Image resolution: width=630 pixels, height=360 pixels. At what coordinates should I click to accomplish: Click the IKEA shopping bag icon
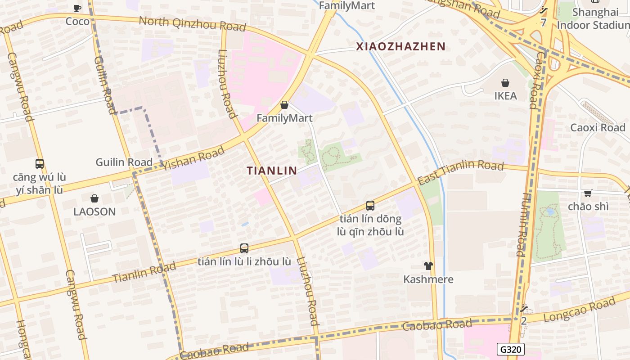tap(505, 83)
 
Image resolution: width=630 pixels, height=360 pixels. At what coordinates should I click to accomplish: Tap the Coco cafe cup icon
tap(77, 8)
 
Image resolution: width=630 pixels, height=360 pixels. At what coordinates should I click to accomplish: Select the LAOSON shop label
tap(94, 211)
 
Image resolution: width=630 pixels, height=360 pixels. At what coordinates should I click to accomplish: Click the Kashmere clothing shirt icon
tap(428, 266)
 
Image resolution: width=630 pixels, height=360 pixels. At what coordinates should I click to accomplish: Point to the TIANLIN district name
tap(272, 171)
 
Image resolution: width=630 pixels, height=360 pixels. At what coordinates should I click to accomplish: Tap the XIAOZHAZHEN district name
tap(400, 46)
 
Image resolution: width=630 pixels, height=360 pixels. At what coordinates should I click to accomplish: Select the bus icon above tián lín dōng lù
tap(370, 206)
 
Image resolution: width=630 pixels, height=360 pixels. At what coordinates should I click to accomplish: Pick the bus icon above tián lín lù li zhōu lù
tap(244, 248)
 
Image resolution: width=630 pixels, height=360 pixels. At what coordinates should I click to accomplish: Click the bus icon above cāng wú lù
tap(40, 164)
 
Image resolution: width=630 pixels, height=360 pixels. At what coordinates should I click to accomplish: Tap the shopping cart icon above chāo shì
tap(588, 193)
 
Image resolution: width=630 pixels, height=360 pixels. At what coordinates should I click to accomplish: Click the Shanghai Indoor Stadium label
tap(593, 18)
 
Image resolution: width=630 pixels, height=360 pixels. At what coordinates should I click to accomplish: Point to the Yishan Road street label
tap(194, 159)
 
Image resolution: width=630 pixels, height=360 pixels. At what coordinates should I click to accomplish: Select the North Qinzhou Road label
tap(192, 23)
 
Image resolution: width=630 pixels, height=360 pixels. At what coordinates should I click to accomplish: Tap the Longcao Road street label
tap(579, 310)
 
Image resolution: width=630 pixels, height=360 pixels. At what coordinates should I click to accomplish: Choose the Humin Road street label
tap(524, 225)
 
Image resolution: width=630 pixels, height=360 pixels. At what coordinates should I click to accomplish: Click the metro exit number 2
tap(523, 321)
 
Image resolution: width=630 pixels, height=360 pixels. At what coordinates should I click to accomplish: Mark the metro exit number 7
tap(543, 22)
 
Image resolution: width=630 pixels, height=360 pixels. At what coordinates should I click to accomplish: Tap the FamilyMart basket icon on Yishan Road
tap(284, 105)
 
